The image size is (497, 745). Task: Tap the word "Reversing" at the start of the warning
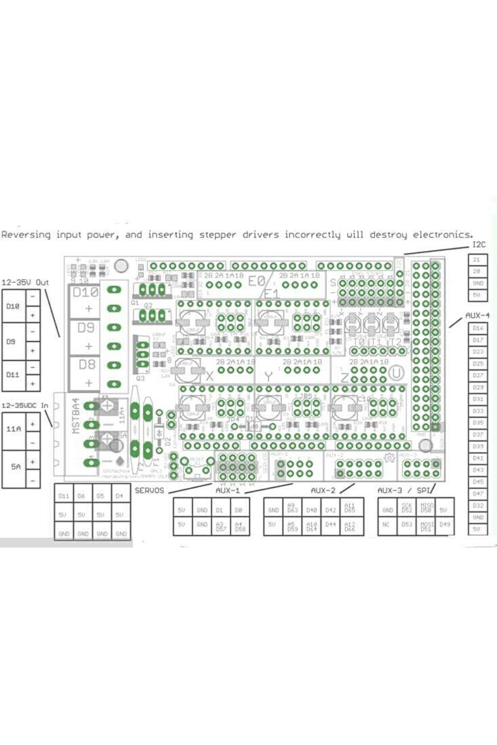point(26,235)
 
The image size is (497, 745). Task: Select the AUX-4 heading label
point(477,315)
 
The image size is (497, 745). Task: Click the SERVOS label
point(149,491)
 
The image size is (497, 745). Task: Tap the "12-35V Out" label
point(25,283)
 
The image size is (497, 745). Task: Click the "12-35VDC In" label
point(25,405)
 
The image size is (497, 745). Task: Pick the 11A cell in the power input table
point(13,429)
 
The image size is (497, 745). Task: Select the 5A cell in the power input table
point(15,466)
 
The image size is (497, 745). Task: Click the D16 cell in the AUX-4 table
point(478,328)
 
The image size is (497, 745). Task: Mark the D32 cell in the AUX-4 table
point(478,505)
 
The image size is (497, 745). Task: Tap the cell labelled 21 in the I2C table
point(477,260)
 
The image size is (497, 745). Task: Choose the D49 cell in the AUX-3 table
point(444,524)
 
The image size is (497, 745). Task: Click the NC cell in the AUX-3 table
point(387,524)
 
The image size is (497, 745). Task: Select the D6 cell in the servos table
point(82,496)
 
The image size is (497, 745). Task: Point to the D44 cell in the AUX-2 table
point(330,524)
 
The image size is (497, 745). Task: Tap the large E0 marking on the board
point(257,281)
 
